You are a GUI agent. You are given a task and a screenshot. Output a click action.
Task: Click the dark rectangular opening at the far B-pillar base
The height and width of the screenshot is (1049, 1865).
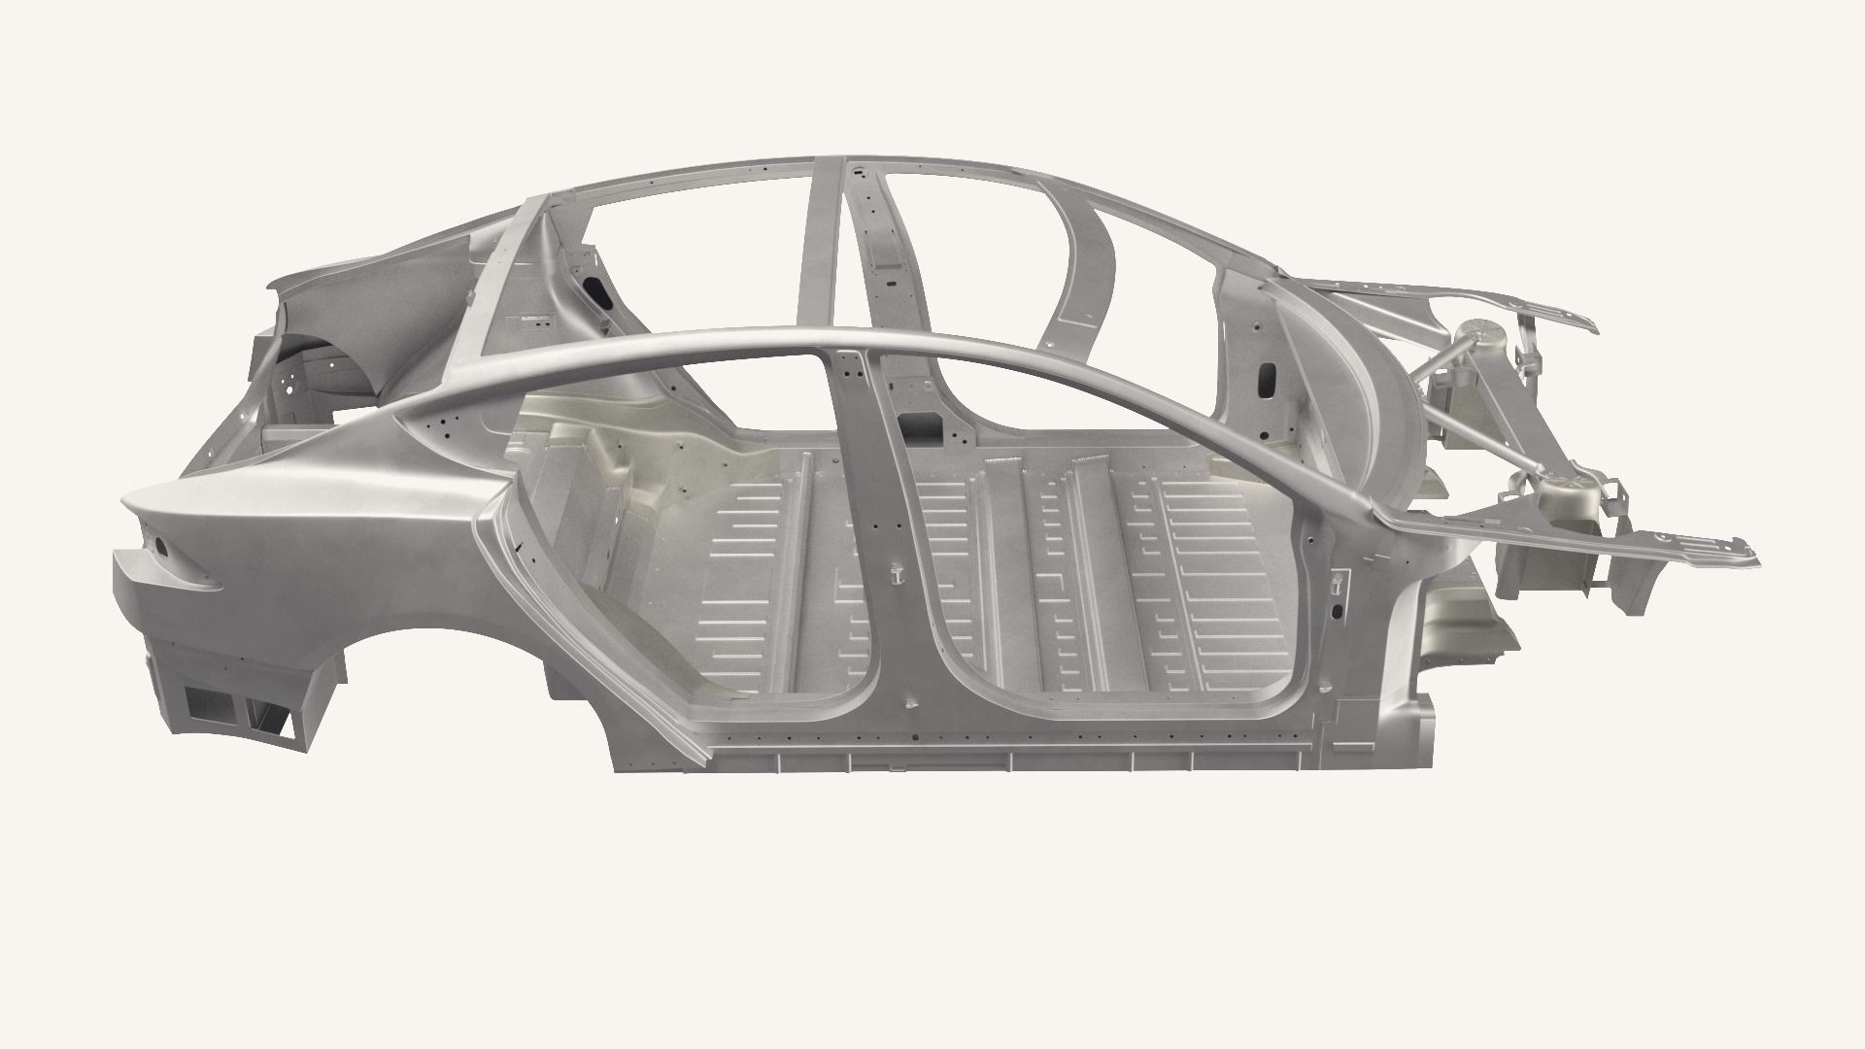[x=920, y=423]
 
